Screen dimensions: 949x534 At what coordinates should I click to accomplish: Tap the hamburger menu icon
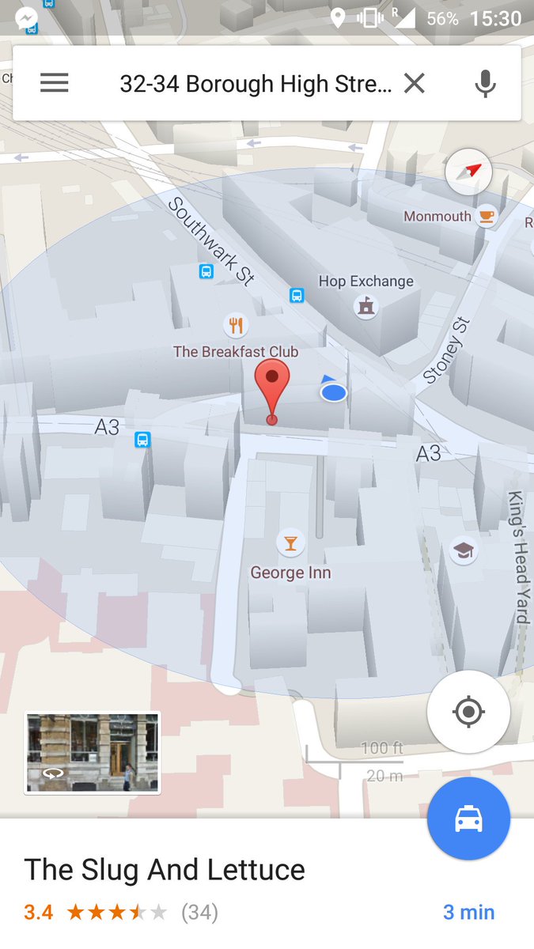(55, 83)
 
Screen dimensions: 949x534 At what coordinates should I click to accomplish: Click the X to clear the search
(415, 83)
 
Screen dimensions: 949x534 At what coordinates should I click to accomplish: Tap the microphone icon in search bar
(485, 83)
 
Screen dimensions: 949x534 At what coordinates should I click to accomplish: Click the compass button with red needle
(469, 172)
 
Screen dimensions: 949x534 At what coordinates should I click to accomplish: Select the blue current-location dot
(334, 391)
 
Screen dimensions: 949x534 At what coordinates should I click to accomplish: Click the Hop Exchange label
(365, 282)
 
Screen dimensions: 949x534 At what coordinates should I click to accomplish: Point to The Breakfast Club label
(236, 352)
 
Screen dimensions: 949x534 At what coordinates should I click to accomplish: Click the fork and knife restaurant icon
(235, 324)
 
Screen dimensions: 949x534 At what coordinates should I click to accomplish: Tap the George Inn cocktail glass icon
(290, 543)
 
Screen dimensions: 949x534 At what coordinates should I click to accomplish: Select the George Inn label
(290, 573)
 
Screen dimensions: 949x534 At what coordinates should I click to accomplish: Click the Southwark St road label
(211, 240)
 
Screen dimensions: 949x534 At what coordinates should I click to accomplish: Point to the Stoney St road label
(448, 350)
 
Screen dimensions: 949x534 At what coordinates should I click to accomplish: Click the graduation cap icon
(464, 550)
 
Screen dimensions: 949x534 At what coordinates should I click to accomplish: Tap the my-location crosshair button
(468, 712)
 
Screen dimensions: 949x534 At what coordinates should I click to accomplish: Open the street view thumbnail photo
(93, 752)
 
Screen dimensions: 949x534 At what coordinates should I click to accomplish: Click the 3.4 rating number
(39, 912)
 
